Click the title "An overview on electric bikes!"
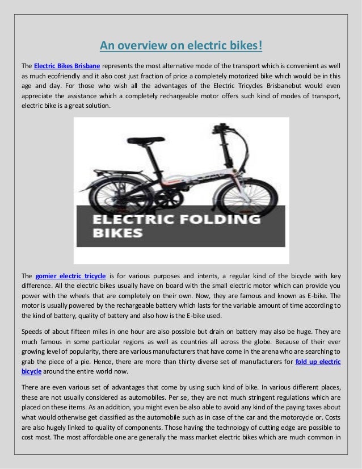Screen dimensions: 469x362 pyautogui.click(x=180, y=45)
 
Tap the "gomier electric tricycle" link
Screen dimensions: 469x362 pyautogui.click(x=70, y=276)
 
